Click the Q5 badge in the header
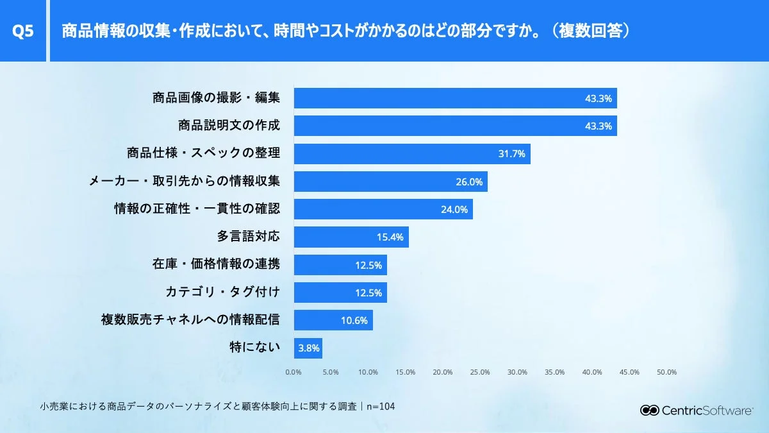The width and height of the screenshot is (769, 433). click(x=23, y=31)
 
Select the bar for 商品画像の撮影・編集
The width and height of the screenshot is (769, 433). click(x=455, y=98)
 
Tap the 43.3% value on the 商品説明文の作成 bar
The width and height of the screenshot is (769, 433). click(x=599, y=126)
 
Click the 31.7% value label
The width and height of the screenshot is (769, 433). click(x=511, y=154)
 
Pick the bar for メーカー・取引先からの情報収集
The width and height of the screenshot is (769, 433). click(x=390, y=182)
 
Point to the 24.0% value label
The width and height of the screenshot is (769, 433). click(x=454, y=209)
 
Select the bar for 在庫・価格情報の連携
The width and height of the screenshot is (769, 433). click(x=340, y=265)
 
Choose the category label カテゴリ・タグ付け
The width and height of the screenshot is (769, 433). click(x=222, y=293)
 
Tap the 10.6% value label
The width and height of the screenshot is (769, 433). click(x=354, y=320)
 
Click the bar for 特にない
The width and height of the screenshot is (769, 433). click(x=308, y=348)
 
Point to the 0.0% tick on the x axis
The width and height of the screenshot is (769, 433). click(x=294, y=372)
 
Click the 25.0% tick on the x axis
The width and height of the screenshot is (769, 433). click(x=480, y=372)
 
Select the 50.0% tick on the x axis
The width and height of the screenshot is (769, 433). click(x=667, y=372)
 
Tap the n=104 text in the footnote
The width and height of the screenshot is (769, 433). click(x=380, y=407)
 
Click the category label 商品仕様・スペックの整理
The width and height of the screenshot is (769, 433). click(x=203, y=154)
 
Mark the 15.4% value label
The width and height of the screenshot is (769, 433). click(x=390, y=237)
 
